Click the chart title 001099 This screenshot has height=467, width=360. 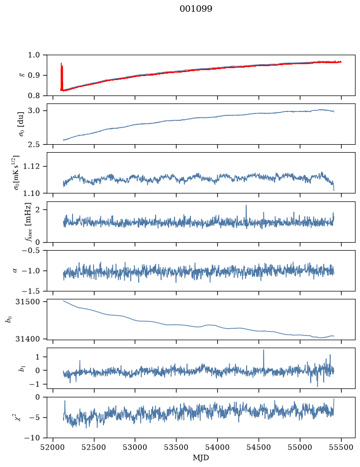tap(196, 9)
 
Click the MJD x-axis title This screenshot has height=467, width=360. tap(201, 458)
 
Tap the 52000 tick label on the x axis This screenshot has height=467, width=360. tap(53, 447)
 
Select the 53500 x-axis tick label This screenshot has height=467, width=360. tap(176, 447)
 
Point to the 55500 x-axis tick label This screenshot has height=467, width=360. tap(341, 447)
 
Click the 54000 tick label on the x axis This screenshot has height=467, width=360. tap(217, 447)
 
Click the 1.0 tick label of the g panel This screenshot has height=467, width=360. tap(34, 55)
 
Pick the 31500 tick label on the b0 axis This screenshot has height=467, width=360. tap(28, 302)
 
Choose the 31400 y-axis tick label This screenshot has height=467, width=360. tap(28, 339)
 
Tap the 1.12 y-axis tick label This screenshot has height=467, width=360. tap(31, 166)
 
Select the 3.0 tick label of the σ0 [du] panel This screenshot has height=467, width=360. tap(34, 111)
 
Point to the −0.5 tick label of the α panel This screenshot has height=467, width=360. tap(30, 251)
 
